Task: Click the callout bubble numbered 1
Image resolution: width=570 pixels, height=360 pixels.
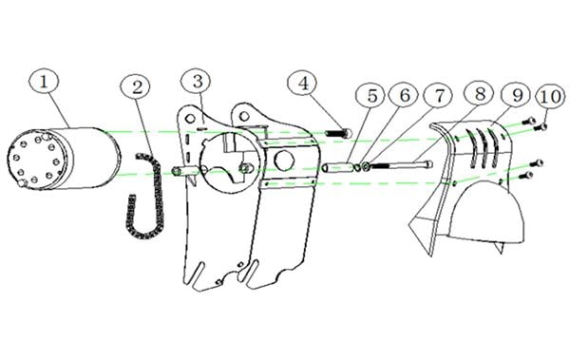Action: [44, 83]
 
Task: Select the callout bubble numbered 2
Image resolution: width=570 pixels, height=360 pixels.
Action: [136, 87]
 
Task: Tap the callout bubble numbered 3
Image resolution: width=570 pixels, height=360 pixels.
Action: [197, 82]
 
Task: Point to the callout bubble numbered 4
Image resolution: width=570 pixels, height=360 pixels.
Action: [303, 84]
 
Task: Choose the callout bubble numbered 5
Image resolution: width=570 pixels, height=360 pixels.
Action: [371, 96]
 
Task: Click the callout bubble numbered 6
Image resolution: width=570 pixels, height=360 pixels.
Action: [405, 95]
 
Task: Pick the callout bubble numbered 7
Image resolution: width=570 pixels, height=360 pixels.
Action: [438, 96]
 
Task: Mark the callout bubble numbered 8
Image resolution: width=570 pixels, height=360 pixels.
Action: [480, 94]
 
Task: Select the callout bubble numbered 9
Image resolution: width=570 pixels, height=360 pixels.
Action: [517, 95]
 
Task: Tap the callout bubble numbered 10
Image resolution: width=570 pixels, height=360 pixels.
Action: [551, 97]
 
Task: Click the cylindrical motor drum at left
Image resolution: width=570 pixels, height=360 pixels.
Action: [64, 159]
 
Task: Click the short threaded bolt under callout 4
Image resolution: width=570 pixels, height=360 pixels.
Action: [338, 133]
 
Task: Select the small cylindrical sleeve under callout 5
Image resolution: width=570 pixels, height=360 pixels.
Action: [337, 167]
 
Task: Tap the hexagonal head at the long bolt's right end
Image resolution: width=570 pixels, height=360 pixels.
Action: [428, 164]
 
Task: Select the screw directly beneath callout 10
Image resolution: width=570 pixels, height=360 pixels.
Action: [541, 126]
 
